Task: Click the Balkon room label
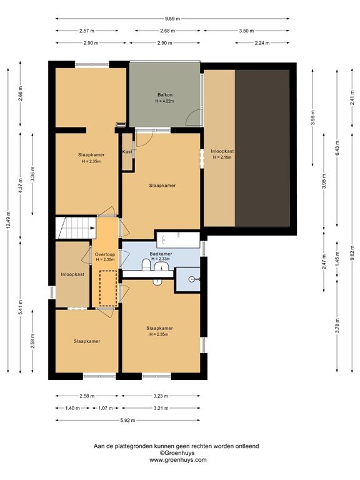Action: [164, 95]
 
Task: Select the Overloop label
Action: [104, 254]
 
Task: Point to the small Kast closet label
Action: [127, 152]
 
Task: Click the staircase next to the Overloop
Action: [74, 227]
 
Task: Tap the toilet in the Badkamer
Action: [145, 267]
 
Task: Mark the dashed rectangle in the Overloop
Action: [108, 288]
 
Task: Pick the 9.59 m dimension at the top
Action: [172, 19]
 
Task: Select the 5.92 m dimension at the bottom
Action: [127, 420]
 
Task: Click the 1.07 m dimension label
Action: [105, 408]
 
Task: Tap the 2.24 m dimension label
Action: [262, 43]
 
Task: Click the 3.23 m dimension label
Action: [161, 396]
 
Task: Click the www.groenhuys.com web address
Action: [177, 459]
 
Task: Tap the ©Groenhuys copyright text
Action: [177, 452]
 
